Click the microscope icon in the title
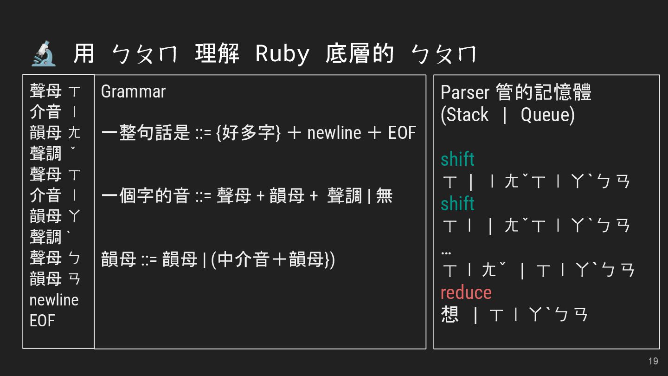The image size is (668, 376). [x=44, y=53]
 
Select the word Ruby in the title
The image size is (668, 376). [x=282, y=54]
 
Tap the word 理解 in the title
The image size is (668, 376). [x=217, y=53]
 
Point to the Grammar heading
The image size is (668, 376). [x=133, y=91]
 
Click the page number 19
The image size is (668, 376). [x=653, y=361]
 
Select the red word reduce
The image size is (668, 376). [x=466, y=292]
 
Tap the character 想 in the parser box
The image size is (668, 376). [x=450, y=314]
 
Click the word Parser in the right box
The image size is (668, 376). [x=464, y=92]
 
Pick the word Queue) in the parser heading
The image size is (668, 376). [x=547, y=115]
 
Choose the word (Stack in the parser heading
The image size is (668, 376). [x=464, y=115]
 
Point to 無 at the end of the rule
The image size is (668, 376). [x=384, y=196]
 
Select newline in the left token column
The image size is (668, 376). [x=54, y=300]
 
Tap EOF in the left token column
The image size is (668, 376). [x=42, y=321]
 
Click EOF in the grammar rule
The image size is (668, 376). [x=402, y=133]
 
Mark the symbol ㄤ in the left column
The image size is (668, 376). [x=74, y=133]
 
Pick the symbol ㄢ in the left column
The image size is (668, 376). [x=74, y=279]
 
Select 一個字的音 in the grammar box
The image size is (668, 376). [x=146, y=196]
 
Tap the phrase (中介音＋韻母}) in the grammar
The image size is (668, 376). [x=273, y=259]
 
